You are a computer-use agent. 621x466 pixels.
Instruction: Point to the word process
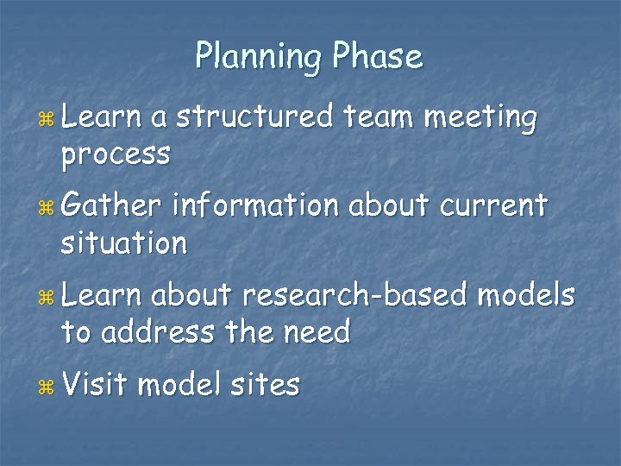115,155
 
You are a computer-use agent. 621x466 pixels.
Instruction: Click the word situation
123,243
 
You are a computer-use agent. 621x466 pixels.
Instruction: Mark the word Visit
94,384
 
